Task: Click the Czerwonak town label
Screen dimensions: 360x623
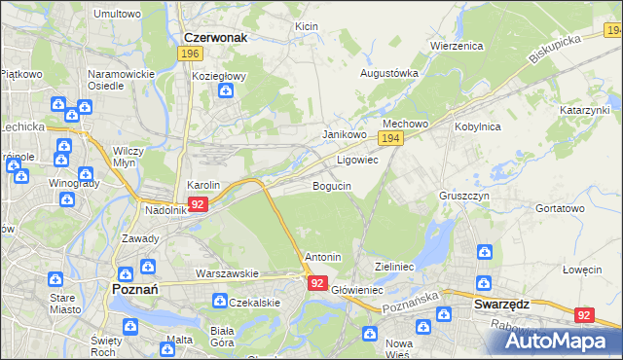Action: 214,37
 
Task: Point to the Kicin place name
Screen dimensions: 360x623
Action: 307,27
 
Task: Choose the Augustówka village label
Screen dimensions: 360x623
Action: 389,73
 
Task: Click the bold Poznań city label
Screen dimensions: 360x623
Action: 143,291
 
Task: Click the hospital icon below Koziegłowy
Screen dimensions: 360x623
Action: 225,91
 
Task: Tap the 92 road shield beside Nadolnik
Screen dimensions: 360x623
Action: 198,204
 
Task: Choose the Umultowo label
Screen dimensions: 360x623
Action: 117,15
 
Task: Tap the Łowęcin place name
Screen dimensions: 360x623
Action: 582,270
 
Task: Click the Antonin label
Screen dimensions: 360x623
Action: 322,257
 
